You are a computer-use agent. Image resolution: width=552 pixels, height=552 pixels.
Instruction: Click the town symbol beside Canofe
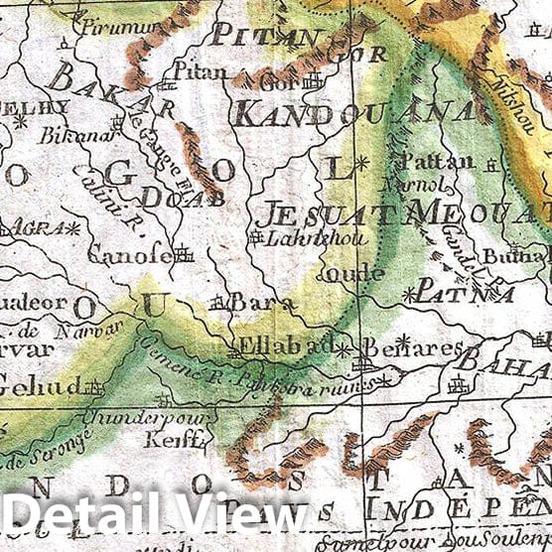click(x=184, y=254)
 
